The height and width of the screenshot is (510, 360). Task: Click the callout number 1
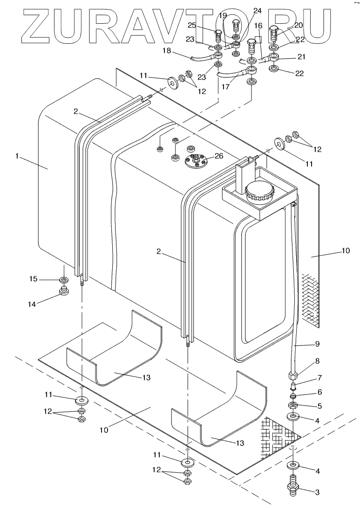click(17, 156)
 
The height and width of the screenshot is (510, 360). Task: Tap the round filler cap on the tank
click(259, 192)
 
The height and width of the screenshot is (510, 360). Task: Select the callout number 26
click(219, 156)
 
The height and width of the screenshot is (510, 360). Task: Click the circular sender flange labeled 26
click(197, 161)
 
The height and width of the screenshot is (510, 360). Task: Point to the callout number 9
click(318, 343)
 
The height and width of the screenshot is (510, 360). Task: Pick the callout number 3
click(318, 492)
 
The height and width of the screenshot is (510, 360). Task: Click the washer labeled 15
click(64, 279)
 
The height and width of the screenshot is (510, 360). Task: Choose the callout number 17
click(226, 87)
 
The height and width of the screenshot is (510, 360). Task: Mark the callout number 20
click(299, 25)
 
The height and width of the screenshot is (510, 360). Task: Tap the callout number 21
click(301, 57)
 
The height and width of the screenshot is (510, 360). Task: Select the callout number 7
click(319, 378)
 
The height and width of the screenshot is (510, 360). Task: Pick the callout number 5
click(319, 406)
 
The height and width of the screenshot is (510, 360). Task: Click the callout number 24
click(257, 11)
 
